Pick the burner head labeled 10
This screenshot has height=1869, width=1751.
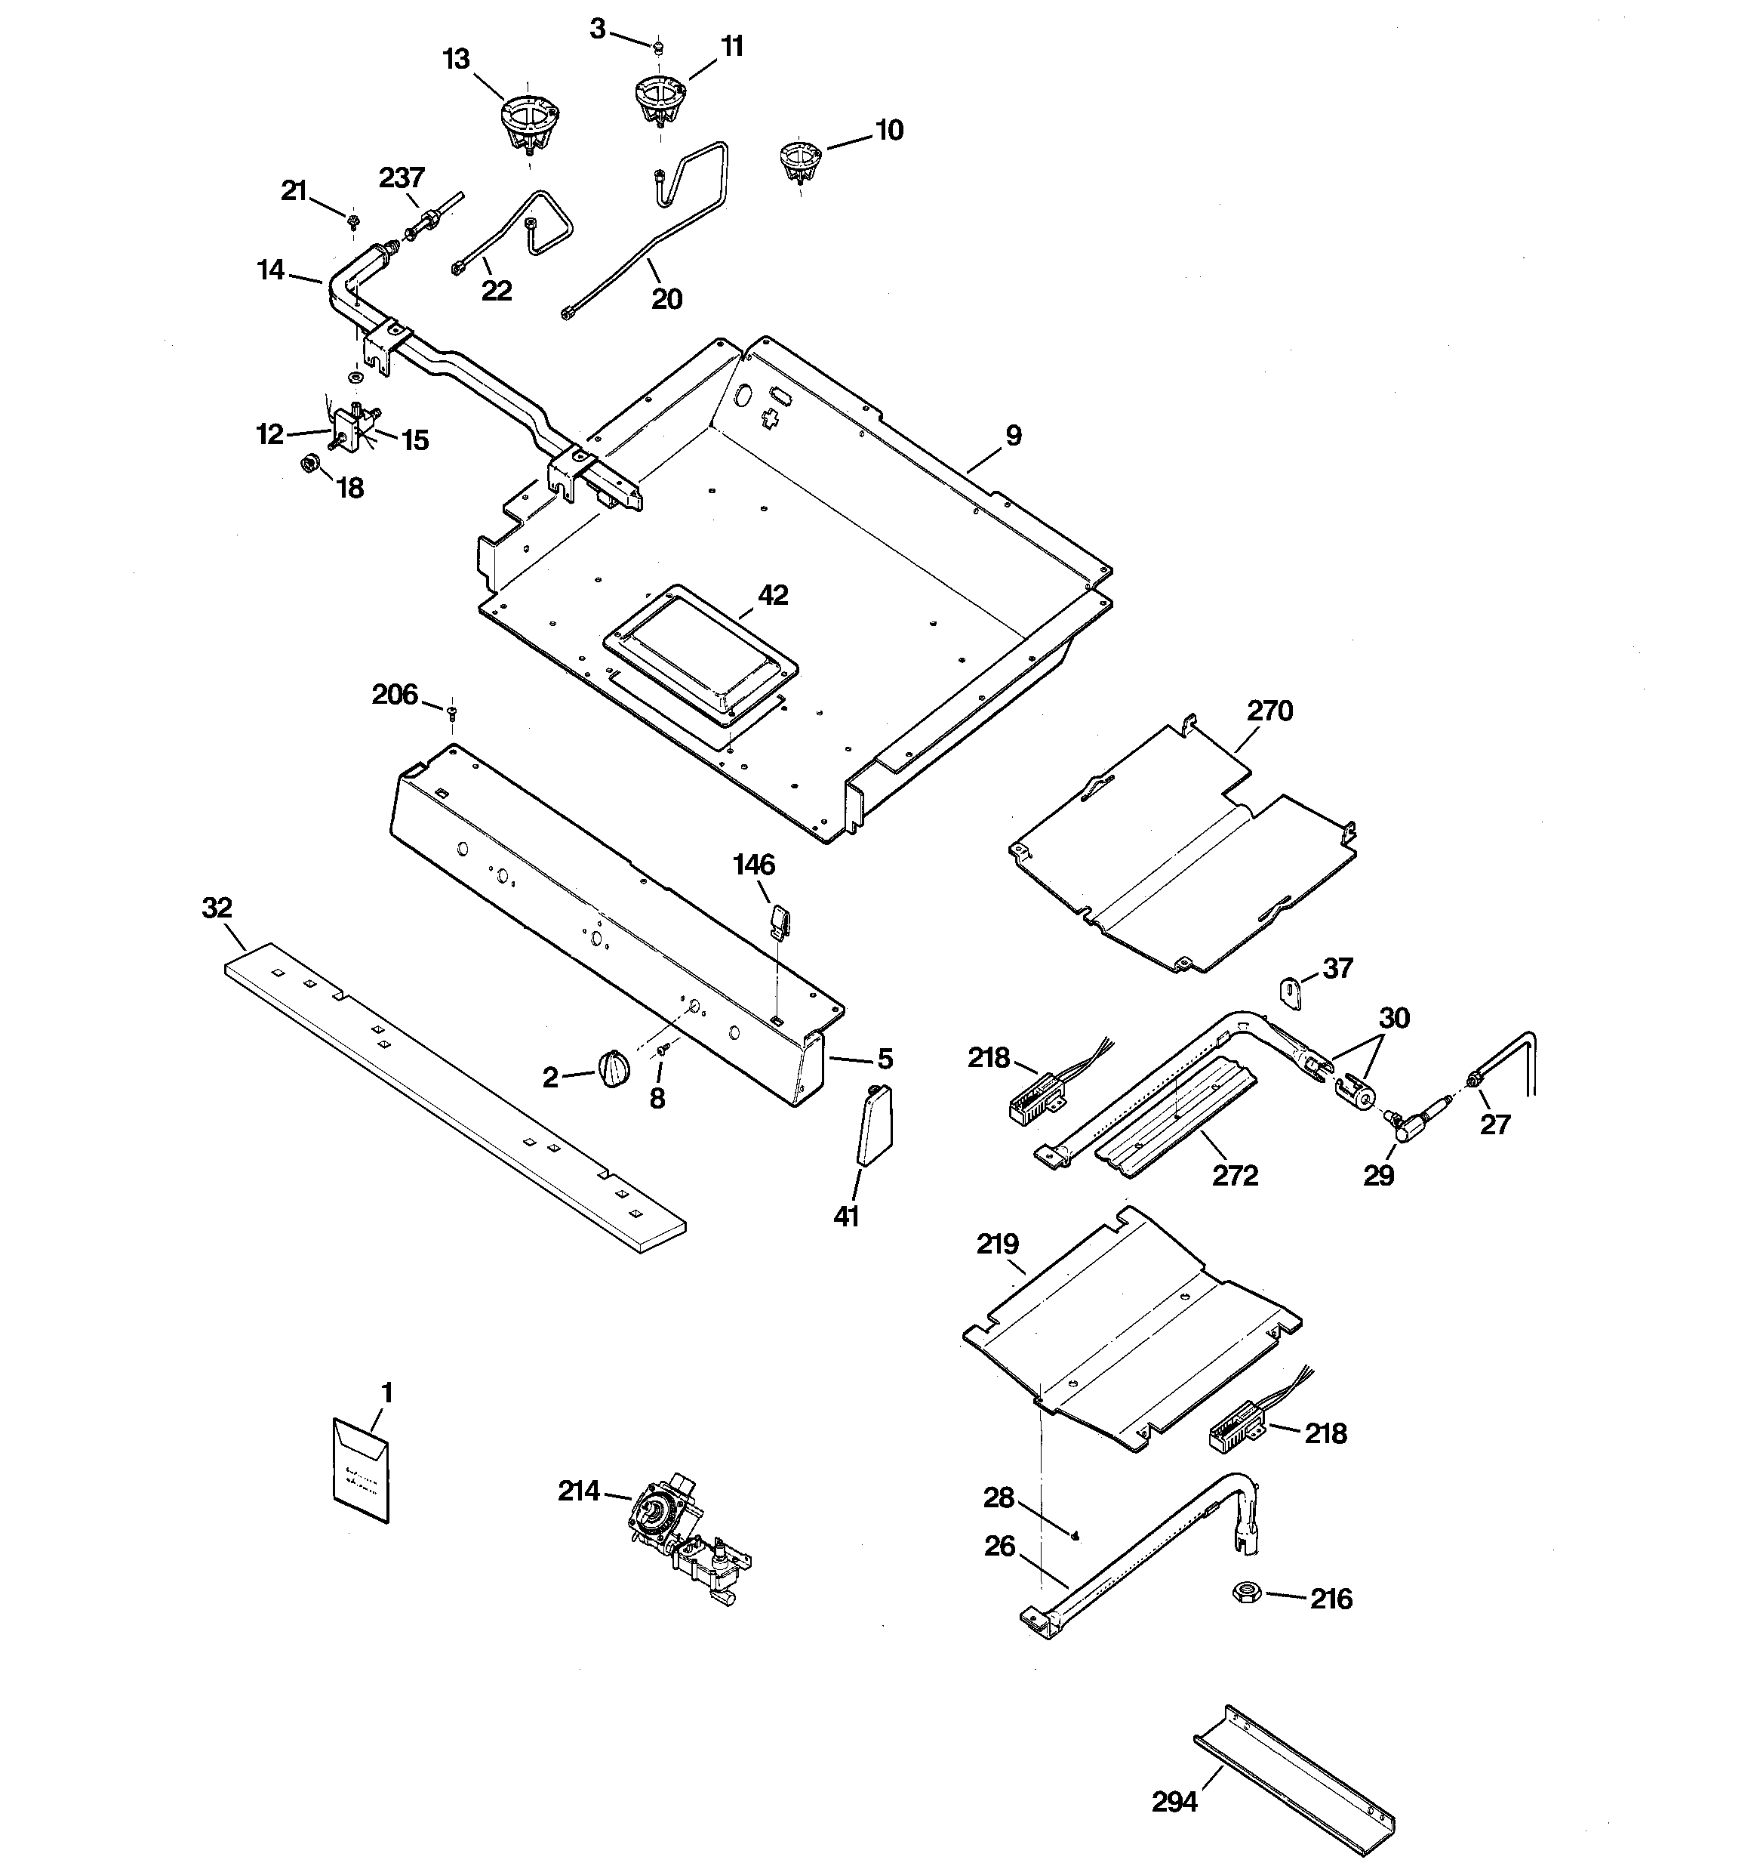point(800,160)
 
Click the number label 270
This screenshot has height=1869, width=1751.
point(1269,711)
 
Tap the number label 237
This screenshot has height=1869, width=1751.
point(402,177)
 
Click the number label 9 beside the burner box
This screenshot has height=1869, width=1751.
point(1013,435)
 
